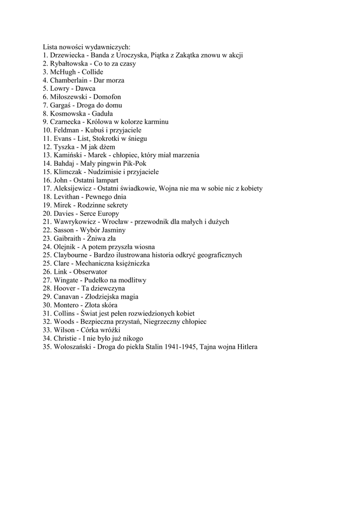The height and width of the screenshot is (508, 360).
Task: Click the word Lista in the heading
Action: pos(50,47)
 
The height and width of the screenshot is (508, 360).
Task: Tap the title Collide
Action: pos(92,72)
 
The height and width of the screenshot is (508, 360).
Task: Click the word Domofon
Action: pos(107,97)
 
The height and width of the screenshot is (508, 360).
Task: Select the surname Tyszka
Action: pos(64,147)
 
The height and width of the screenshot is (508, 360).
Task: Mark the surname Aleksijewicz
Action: pos(73,189)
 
